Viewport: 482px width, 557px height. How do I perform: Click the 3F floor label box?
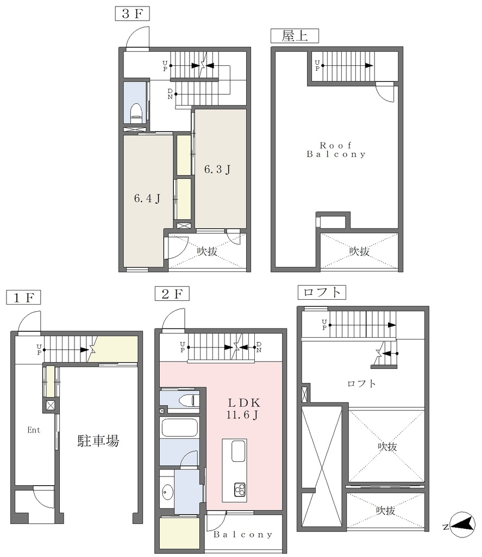coord(132,14)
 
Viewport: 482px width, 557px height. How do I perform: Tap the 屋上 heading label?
coord(295,36)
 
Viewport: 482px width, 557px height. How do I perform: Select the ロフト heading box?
coord(322,292)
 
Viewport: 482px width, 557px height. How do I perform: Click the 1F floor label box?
coord(23,298)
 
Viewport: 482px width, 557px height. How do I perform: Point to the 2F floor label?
coord(172,294)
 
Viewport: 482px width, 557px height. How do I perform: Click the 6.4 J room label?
coord(147,198)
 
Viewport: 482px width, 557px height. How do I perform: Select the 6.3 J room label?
coord(217,169)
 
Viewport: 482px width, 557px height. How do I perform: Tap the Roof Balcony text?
coord(336,150)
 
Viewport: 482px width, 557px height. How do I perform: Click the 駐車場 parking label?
coord(98,441)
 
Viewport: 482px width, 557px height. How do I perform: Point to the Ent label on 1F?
coord(34,430)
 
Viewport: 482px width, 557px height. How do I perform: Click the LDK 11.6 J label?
coord(243,409)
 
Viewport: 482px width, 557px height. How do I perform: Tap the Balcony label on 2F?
coord(243,535)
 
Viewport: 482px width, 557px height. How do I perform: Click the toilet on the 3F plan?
coord(135,111)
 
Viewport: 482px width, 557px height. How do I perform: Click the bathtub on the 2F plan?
coord(179,428)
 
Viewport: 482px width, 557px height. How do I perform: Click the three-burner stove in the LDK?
coord(240,490)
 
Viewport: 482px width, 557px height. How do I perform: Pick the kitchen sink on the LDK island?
coord(238,451)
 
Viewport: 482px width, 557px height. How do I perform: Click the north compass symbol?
coord(462,525)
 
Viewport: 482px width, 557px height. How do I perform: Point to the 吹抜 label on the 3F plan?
coord(207,251)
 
